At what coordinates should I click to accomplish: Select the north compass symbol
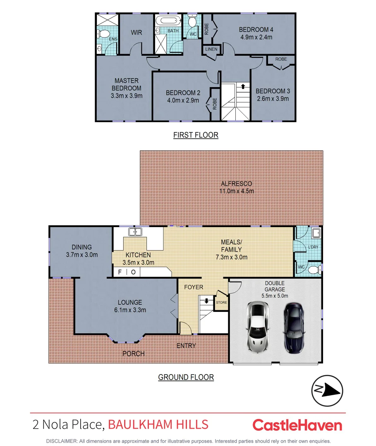327,391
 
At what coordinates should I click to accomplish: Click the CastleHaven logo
297,425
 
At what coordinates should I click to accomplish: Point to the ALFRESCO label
236,184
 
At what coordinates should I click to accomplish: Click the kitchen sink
135,232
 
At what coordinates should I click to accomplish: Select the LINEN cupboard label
211,49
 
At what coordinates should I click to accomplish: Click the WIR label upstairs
137,33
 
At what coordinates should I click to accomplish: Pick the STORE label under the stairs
221,302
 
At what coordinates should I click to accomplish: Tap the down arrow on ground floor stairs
206,301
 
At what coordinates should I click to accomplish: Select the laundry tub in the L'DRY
316,233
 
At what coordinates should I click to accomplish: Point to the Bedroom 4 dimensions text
256,37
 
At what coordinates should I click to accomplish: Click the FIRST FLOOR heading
196,135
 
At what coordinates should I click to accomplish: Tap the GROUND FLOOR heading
186,377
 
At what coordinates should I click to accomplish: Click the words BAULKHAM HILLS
158,425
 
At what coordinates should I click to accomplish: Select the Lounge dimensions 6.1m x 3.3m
129,310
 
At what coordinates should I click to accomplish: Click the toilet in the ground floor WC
314,270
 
